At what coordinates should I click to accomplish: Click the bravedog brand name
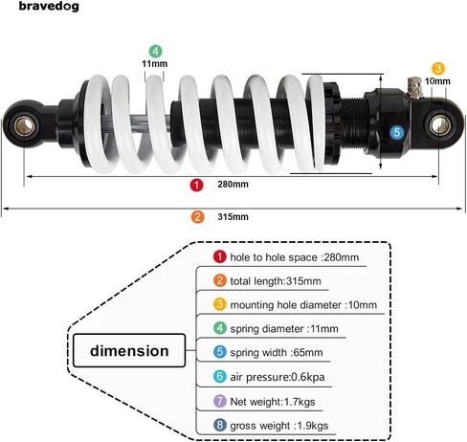tap(49, 7)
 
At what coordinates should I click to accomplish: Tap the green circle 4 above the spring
tap(155, 51)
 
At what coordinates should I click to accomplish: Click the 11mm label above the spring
tap(155, 64)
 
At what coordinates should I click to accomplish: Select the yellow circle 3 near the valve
tap(438, 69)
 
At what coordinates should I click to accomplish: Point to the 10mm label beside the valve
tap(437, 81)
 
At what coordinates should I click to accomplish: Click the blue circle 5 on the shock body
tap(397, 132)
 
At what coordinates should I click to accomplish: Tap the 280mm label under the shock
tap(233, 185)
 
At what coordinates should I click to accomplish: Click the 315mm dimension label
tap(233, 217)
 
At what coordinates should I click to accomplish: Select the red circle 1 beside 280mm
tap(196, 185)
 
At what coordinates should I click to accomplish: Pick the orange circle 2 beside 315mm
tap(197, 217)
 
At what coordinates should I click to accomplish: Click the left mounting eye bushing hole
tap(24, 126)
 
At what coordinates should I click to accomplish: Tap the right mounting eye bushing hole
tap(439, 125)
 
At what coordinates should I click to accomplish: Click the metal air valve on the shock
tap(414, 87)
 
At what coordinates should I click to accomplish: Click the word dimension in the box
tap(129, 351)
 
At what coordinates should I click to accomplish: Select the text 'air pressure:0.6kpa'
tap(278, 377)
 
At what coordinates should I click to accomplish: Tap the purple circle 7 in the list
tap(220, 401)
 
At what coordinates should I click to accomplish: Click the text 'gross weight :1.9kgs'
tap(279, 426)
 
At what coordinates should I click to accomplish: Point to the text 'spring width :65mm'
tap(277, 353)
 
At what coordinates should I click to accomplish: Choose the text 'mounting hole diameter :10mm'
tap(303, 305)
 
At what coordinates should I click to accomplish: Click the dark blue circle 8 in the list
tap(220, 425)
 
